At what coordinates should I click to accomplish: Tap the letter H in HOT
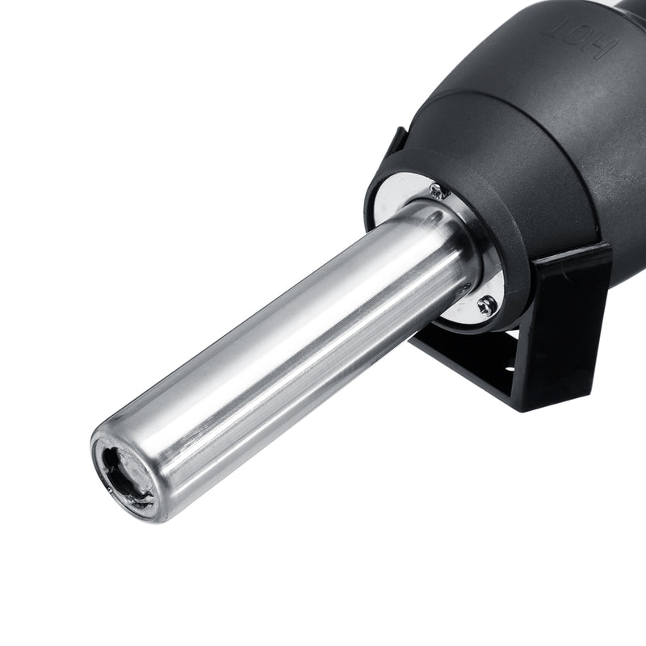point(593,48)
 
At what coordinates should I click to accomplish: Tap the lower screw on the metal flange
point(485,306)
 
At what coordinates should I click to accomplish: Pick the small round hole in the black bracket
point(510,371)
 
